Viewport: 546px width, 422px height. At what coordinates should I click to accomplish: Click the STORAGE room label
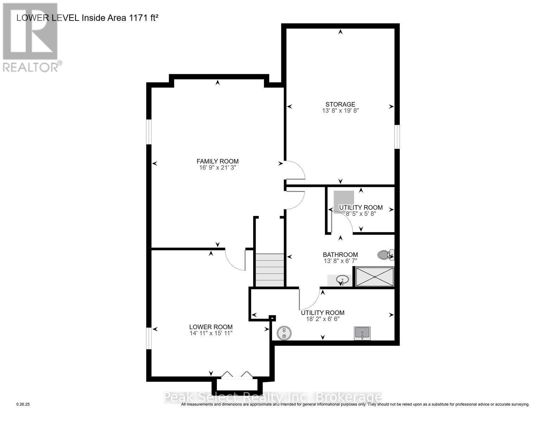[x=340, y=104]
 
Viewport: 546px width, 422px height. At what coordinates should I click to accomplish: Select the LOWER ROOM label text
[x=211, y=327]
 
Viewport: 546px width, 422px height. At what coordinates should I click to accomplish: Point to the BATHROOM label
[x=340, y=255]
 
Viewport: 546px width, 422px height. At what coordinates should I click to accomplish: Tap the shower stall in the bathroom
[x=374, y=277]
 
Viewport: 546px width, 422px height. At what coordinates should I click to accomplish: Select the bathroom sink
[x=341, y=280]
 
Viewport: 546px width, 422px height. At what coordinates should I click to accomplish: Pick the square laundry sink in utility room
[x=362, y=333]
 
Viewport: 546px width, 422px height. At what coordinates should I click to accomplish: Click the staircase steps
[x=269, y=270]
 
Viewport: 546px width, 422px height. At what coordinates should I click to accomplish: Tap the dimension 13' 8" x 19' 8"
[x=340, y=110]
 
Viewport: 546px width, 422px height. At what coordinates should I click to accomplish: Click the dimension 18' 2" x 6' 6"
[x=322, y=319]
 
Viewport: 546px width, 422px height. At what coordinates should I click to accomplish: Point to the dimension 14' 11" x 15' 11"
[x=211, y=333]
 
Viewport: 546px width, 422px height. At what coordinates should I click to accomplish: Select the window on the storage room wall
[x=397, y=137]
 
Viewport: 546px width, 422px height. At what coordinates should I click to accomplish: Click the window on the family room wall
[x=149, y=132]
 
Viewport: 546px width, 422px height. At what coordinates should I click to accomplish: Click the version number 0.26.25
[x=23, y=404]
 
